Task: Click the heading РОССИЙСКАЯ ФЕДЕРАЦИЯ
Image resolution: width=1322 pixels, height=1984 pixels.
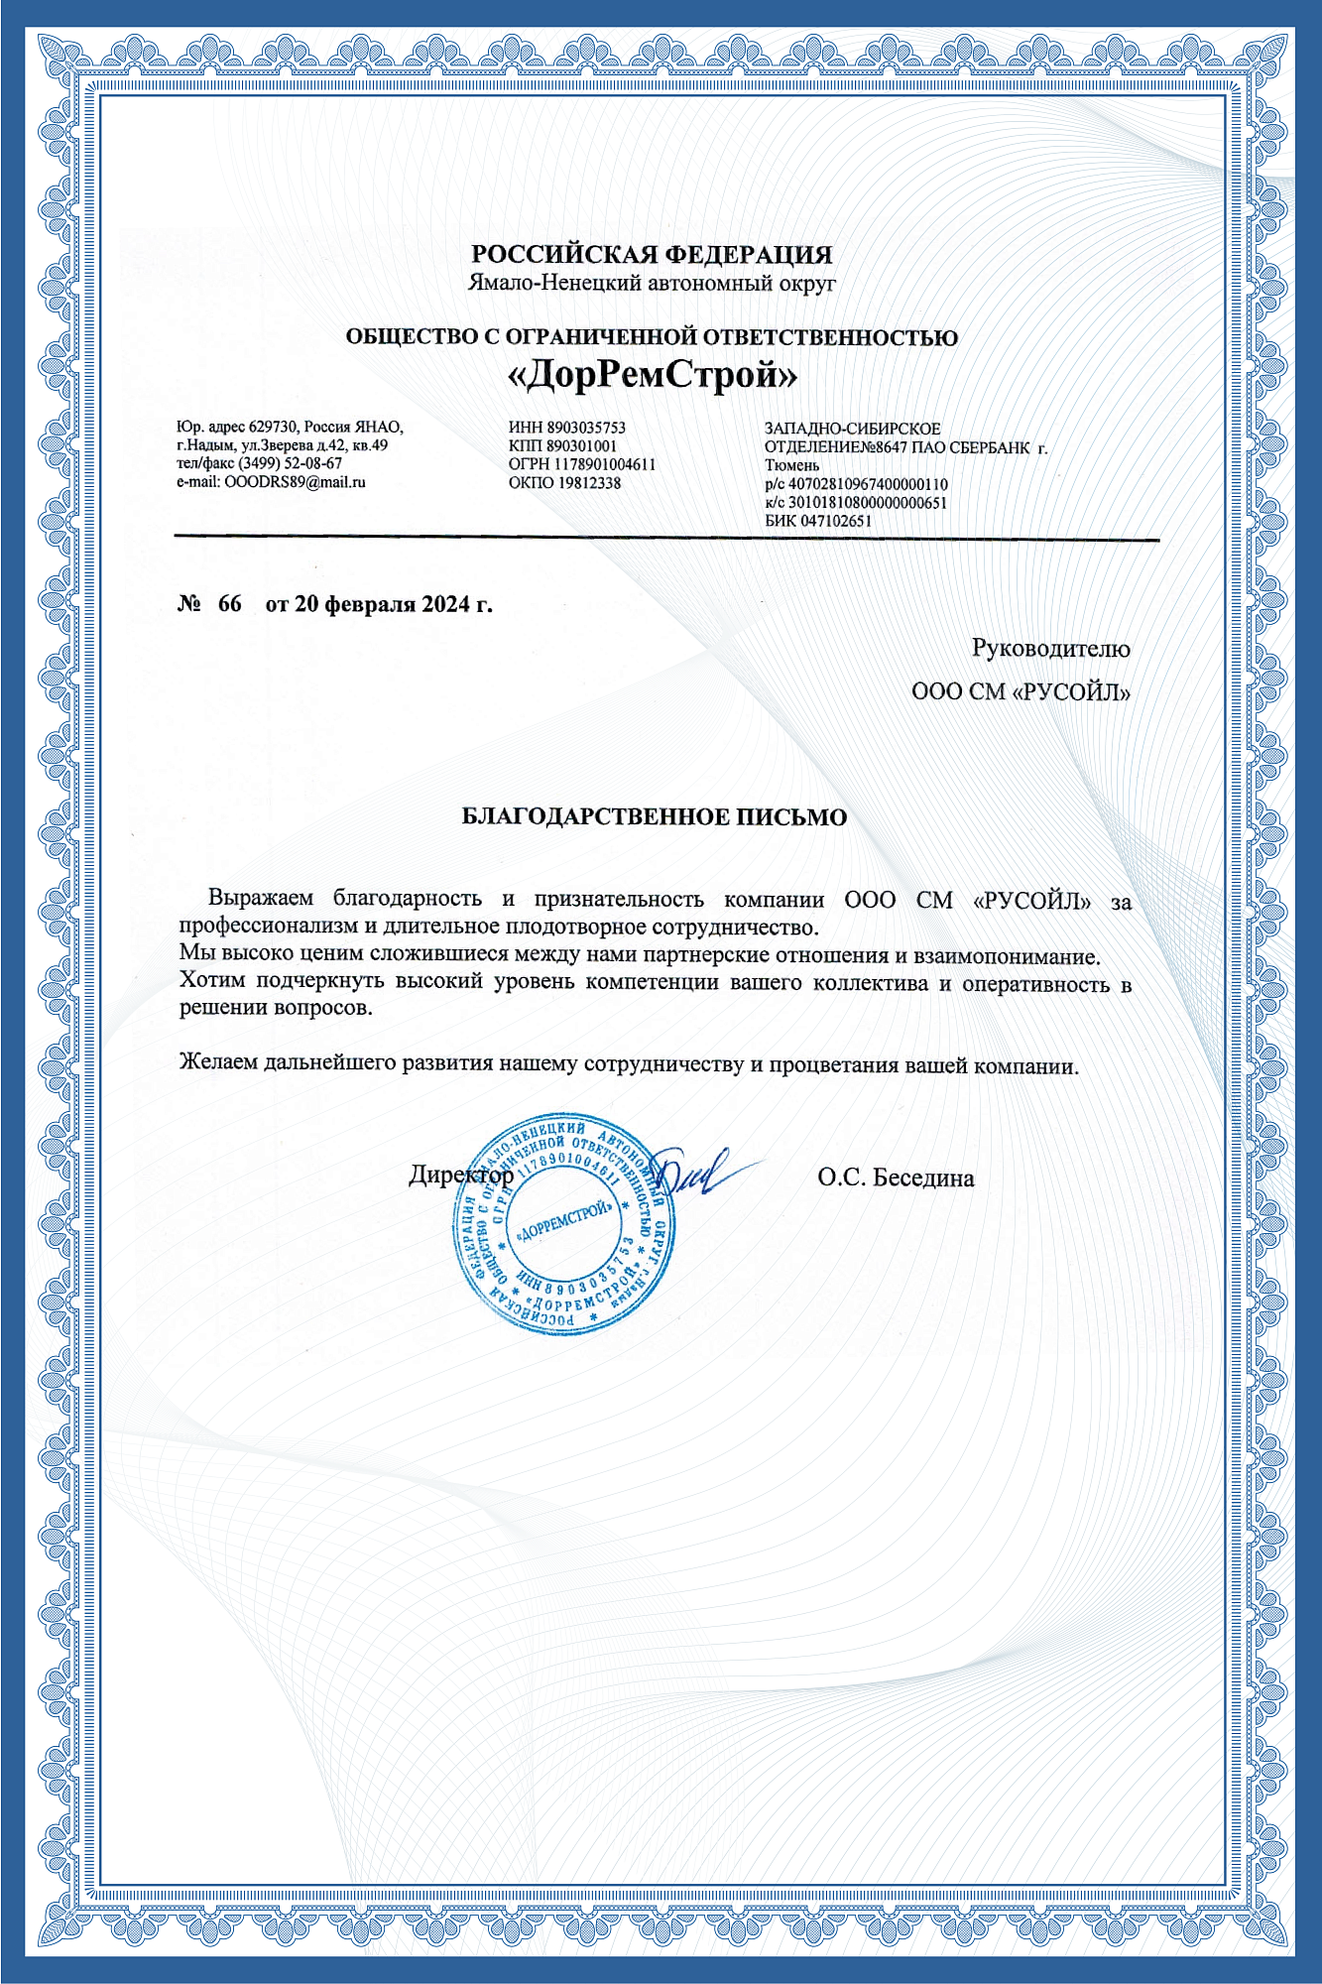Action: [652, 255]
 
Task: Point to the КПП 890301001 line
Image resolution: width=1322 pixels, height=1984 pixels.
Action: [562, 446]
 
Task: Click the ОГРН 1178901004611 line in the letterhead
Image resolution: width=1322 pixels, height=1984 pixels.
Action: [582, 464]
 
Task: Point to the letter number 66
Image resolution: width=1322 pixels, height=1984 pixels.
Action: [229, 604]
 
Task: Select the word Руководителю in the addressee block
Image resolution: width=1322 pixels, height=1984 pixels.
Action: [1050, 649]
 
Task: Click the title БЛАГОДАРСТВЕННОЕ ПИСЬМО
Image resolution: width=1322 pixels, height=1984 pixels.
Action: [655, 817]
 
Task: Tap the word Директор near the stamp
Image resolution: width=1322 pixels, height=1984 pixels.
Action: [461, 1176]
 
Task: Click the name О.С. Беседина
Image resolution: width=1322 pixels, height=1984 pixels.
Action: [896, 1178]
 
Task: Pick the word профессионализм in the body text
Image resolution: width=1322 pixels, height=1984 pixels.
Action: [257, 928]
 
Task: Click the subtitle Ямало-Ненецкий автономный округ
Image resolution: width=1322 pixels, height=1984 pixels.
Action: [652, 284]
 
